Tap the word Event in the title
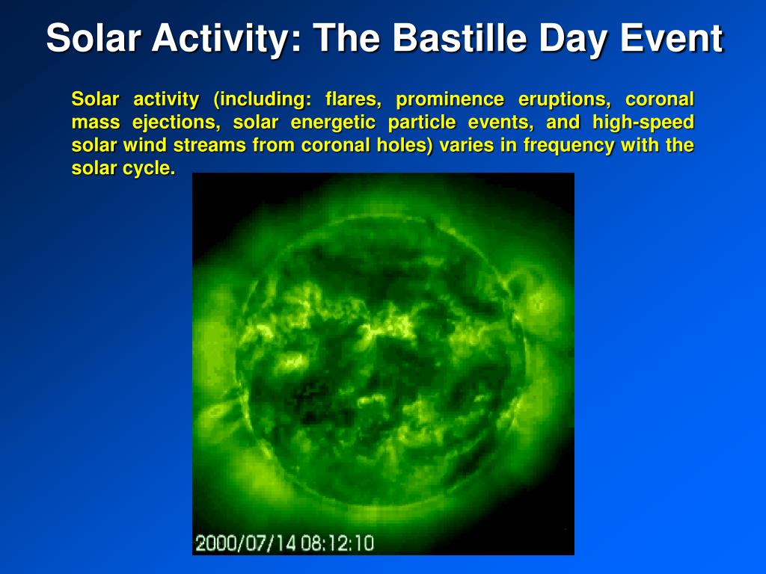coord(671,37)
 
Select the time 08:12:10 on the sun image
coord(337,543)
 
